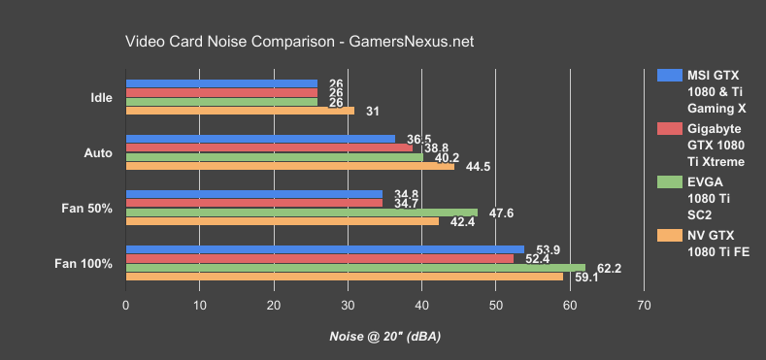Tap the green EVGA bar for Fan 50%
tap(301, 212)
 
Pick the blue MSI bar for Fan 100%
tap(324, 248)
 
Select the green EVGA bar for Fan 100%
tap(355, 267)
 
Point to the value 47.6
tap(503, 212)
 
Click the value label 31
tap(373, 112)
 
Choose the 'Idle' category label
tap(100, 98)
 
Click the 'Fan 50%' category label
tap(93, 208)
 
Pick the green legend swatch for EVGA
tap(668, 180)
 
